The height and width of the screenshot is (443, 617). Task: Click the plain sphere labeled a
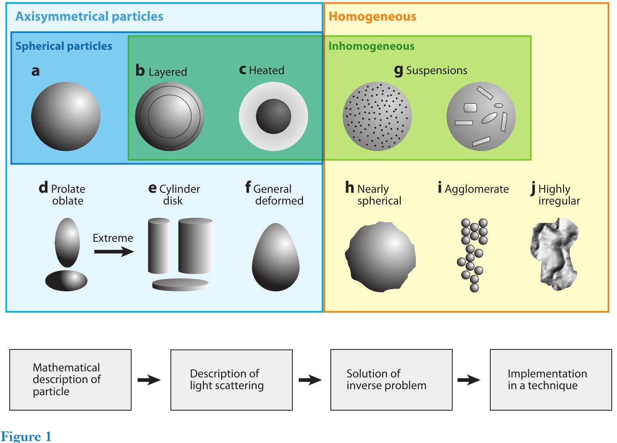pos(66,116)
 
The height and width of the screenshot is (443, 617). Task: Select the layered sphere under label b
pos(170,116)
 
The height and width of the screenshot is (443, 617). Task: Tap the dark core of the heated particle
pos(273,117)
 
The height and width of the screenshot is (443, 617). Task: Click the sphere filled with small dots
pos(377,117)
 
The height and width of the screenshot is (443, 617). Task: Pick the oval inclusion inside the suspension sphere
pos(489,118)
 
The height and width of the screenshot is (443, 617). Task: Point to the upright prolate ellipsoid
pos(67,242)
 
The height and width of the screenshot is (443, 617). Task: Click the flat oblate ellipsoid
pos(66,280)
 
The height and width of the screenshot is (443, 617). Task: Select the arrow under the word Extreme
pos(114,252)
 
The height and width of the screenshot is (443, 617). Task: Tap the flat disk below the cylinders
pos(181,285)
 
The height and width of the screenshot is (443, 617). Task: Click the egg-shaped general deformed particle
pos(276,257)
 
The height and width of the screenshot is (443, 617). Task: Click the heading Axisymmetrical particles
pos(89,17)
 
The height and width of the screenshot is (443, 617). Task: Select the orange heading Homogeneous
pos(372,17)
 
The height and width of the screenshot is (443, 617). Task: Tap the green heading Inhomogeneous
pos(371,46)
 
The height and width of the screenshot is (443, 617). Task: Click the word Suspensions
pos(436,70)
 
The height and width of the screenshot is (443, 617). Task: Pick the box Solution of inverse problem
pos(391,379)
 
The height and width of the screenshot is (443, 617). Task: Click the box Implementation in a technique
pos(551,379)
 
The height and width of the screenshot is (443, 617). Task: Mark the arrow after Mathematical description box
pos(149,380)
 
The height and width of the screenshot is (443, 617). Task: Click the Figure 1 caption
pos(26,437)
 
